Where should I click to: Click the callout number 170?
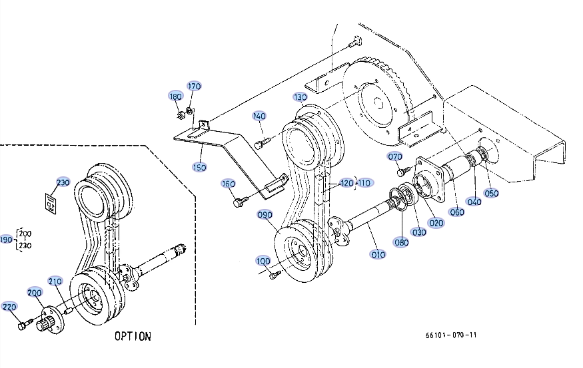point(194,87)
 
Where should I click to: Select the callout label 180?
point(175,96)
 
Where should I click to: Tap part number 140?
point(259,116)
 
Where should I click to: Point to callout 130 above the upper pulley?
point(300,98)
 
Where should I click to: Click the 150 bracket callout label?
point(199,166)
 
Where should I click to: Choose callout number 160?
point(228,184)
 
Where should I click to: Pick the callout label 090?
point(265,215)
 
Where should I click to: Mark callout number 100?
point(263,262)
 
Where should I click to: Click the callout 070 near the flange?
point(395,157)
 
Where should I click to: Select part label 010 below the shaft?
point(378,255)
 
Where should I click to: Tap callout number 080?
point(401,242)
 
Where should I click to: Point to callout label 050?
point(491,194)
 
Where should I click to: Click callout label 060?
point(457,213)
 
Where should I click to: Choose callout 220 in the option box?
point(9,307)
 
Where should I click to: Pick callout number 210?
point(55,281)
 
